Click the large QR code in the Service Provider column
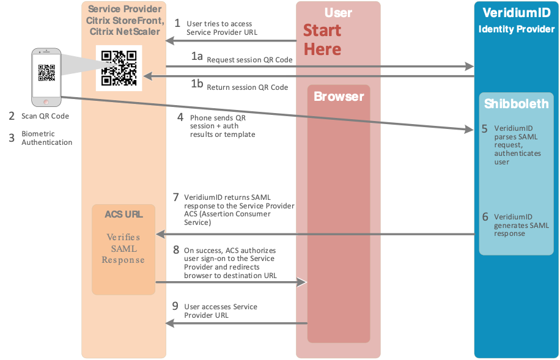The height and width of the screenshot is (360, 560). tap(119, 68)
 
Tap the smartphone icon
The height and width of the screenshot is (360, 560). tap(47, 76)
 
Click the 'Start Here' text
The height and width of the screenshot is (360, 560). tap(322, 40)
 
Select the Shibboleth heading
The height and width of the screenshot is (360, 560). tap(516, 104)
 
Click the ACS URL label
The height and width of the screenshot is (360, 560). tap(123, 215)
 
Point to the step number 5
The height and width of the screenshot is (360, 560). tap(484, 129)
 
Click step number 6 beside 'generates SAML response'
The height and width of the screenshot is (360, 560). tap(485, 216)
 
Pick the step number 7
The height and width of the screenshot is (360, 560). tap(176, 197)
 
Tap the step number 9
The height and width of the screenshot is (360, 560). tap(175, 306)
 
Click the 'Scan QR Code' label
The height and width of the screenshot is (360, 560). tap(45, 116)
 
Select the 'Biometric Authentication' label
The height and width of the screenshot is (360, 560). tap(46, 138)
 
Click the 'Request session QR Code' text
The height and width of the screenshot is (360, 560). tap(249, 60)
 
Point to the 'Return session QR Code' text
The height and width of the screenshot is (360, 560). tap(247, 87)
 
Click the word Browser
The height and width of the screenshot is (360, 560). tap(339, 97)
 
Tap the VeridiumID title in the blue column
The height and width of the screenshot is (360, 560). tap(516, 13)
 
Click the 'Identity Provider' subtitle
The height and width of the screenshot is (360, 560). tap(516, 29)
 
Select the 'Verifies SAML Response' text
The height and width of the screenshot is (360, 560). tap(123, 248)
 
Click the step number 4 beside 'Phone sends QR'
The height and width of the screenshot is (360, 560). tap(180, 116)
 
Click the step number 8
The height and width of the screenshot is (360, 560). tap(176, 249)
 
